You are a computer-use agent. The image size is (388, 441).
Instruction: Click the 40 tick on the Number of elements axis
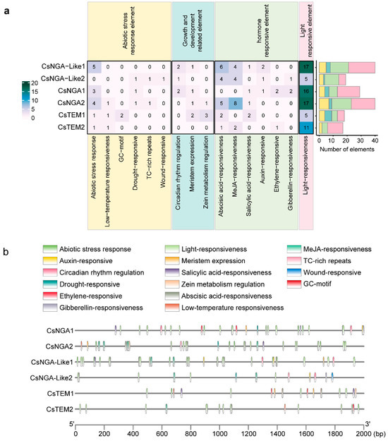pos(375,140)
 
